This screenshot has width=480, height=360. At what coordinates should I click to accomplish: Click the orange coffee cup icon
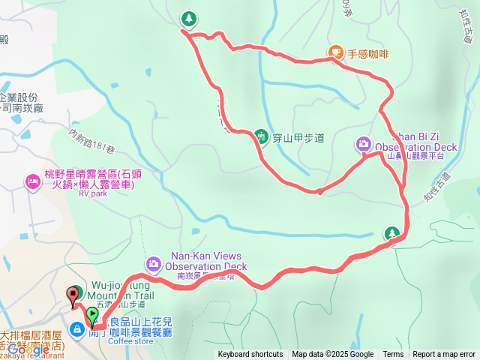pyautogui.click(x=335, y=52)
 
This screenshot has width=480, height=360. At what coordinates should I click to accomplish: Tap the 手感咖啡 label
pyautogui.click(x=367, y=52)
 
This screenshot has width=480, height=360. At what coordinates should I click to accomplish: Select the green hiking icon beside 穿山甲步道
pyautogui.click(x=261, y=136)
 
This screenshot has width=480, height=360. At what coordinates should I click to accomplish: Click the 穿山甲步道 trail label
pyautogui.click(x=298, y=137)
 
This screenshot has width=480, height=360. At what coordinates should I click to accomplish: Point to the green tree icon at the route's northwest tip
pyautogui.click(x=188, y=17)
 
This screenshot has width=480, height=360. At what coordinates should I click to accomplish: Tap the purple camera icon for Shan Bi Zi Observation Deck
pyautogui.click(x=363, y=143)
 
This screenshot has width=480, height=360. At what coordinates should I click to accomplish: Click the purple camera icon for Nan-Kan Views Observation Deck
pyautogui.click(x=154, y=263)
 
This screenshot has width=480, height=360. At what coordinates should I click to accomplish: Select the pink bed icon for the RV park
pyautogui.click(x=32, y=181)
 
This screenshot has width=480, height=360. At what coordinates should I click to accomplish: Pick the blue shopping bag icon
pyautogui.click(x=77, y=329)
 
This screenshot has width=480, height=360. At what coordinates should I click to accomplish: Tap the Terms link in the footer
pyautogui.click(x=393, y=355)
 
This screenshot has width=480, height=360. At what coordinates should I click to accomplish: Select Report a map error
pyautogui.click(x=444, y=355)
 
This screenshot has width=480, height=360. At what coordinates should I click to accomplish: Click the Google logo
pyautogui.click(x=28, y=349)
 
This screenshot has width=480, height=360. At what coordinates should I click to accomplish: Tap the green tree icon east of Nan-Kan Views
pyautogui.click(x=391, y=233)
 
